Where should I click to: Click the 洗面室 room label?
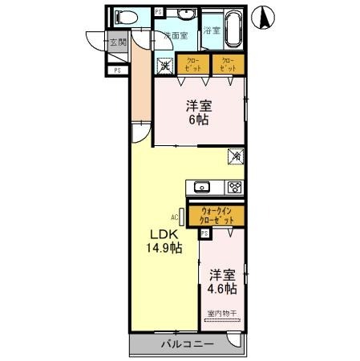176,36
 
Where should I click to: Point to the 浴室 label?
212,31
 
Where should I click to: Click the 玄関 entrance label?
117,43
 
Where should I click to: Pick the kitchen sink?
202,188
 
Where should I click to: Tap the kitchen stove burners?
234,188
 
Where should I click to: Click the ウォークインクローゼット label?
217,215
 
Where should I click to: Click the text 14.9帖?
164,248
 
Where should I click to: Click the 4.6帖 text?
218,287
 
